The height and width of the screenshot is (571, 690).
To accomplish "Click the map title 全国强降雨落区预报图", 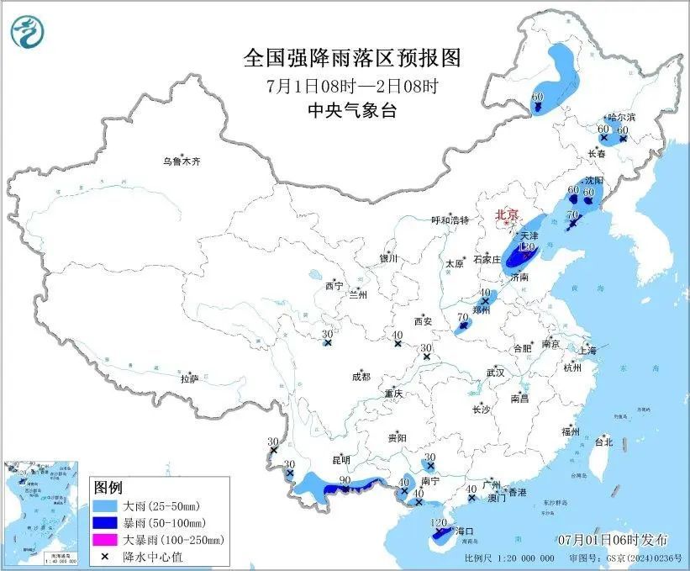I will (352, 58).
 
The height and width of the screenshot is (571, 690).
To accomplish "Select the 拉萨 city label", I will (189, 379).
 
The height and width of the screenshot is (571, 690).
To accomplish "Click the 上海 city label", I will (587, 350).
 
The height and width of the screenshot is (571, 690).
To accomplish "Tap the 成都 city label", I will (361, 377).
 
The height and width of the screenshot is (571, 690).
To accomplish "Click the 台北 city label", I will (603, 441).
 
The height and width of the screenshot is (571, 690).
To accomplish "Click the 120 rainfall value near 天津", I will (528, 246).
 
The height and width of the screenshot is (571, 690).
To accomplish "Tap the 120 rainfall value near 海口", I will (438, 523).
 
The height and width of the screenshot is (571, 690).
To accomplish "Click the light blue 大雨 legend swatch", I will (108, 507).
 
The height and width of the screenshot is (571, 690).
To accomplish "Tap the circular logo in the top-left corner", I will (27, 32).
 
